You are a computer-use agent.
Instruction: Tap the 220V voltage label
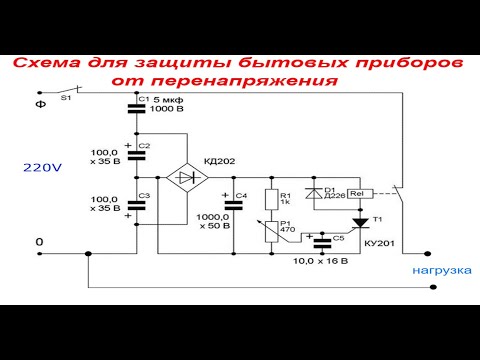[x=42, y=169]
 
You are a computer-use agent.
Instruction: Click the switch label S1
[x=66, y=99]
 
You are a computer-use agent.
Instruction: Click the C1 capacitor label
[x=143, y=99]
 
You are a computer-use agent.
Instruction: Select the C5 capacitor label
[x=338, y=238]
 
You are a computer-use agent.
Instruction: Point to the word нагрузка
[x=438, y=270]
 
